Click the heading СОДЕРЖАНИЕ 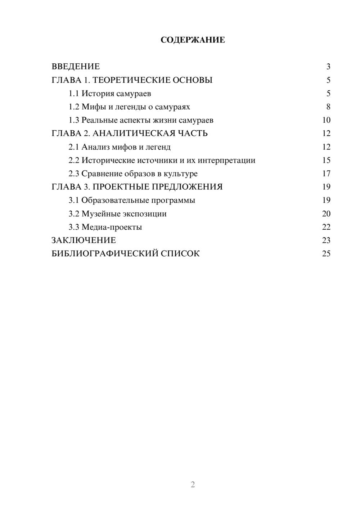coord(193,40)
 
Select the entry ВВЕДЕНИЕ coord(76,67)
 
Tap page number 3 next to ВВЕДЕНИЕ coord(328,67)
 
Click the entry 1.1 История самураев coord(110,94)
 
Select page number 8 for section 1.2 coord(328,107)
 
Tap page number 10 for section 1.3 coord(326,120)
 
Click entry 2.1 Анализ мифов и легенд coord(120,147)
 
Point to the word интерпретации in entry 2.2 coord(226,161)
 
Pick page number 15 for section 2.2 coord(326,160)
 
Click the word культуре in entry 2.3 coord(181,174)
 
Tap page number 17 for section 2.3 coord(326,174)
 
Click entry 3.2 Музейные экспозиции coord(117,214)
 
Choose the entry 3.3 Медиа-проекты coord(105,227)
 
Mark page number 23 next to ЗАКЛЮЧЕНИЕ coord(326,240)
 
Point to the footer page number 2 coord(193,485)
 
